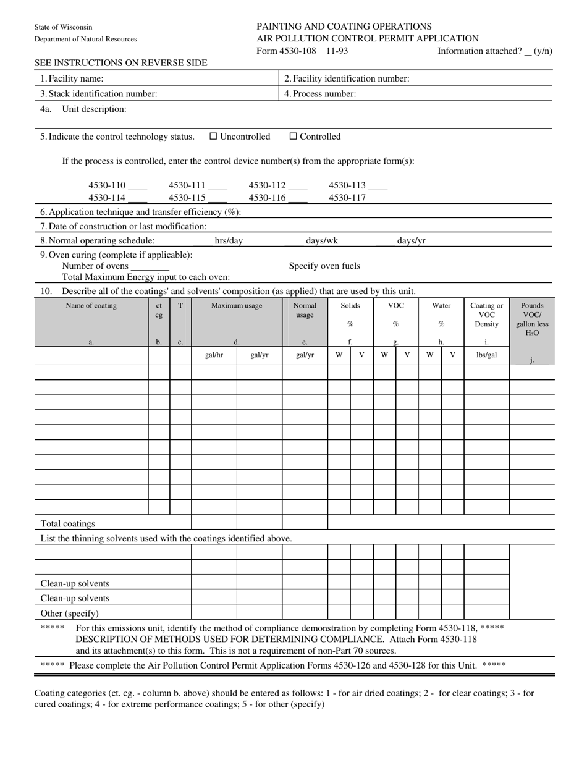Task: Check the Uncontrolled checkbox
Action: pos(213,137)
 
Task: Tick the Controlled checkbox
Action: pos(293,137)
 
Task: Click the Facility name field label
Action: pos(72,78)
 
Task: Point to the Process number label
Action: pos(320,94)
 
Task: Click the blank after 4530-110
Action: pos(138,186)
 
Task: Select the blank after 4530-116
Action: pos(298,198)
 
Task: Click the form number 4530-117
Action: pos(347,198)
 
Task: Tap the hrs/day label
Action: pos(229,241)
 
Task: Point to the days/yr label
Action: pos(411,241)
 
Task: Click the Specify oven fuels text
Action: pos(324,266)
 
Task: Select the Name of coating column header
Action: pos(91,306)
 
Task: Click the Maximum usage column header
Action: pos(237,306)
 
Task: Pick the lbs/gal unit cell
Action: pos(486,355)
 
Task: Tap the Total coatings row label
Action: pos(68,524)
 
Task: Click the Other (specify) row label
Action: pos(69,614)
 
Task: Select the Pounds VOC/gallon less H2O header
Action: pos(532,319)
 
